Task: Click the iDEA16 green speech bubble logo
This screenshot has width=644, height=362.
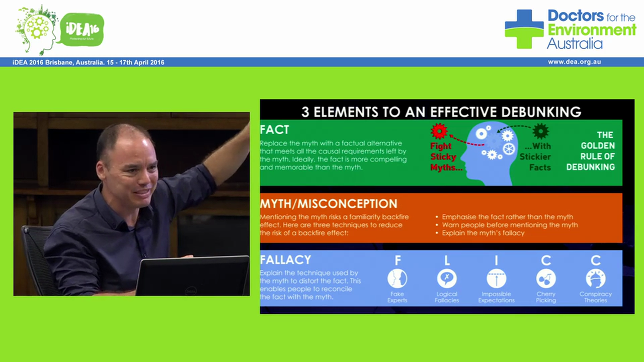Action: pyautogui.click(x=82, y=30)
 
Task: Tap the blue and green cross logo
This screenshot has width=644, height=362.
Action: pyautogui.click(x=524, y=29)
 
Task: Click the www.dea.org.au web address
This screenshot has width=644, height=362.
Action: pyautogui.click(x=575, y=62)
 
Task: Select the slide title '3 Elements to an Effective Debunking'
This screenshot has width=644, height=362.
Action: pyautogui.click(x=441, y=111)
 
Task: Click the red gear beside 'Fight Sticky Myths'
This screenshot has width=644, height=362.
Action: pyautogui.click(x=439, y=132)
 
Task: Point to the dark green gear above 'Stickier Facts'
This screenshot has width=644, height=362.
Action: pyautogui.click(x=541, y=131)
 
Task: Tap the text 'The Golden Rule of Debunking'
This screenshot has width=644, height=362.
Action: pyautogui.click(x=590, y=151)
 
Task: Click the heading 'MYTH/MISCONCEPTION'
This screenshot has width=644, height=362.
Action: pyautogui.click(x=328, y=204)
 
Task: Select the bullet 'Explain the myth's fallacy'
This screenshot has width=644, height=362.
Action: pyautogui.click(x=483, y=233)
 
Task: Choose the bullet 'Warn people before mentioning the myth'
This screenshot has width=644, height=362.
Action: pyautogui.click(x=510, y=225)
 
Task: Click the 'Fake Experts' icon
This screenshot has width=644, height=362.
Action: pyautogui.click(x=397, y=278)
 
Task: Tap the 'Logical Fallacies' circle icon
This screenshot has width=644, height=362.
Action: pyautogui.click(x=447, y=278)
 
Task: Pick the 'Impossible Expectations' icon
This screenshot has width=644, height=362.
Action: pyautogui.click(x=496, y=278)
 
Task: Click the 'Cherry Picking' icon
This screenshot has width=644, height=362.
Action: pyautogui.click(x=546, y=278)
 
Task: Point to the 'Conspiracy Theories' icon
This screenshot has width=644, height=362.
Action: pyautogui.click(x=596, y=278)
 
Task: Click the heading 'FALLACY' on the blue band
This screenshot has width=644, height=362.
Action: pyautogui.click(x=285, y=260)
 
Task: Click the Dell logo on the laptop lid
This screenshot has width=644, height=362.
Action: pyautogui.click(x=191, y=291)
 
